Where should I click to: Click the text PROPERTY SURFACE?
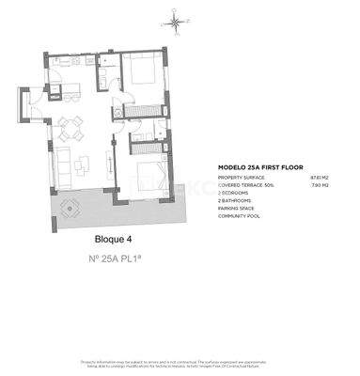pyautogui.click(x=241, y=177)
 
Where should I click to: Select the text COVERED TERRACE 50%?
pyautogui.click(x=246, y=185)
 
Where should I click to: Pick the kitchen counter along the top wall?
pyautogui.click(x=73, y=59)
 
